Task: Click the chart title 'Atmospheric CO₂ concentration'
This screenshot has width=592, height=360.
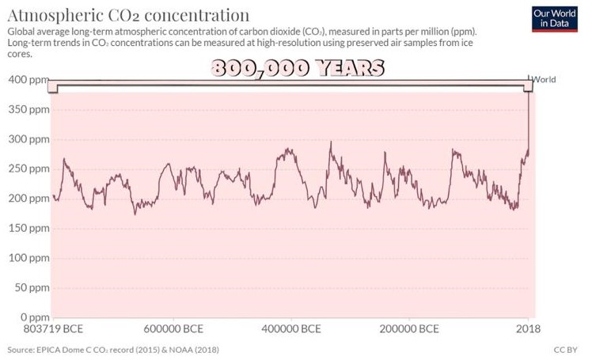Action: point(127,14)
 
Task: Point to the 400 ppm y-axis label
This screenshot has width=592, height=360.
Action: point(28,80)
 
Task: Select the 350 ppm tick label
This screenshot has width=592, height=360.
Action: point(28,109)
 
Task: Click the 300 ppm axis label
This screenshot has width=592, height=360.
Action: point(28,139)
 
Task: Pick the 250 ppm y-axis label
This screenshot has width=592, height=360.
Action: point(28,169)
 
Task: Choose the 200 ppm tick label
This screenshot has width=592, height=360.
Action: point(28,199)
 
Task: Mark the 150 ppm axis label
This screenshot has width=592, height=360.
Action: point(28,228)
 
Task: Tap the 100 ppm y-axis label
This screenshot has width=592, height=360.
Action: point(28,258)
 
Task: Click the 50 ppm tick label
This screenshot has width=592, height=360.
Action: point(30,287)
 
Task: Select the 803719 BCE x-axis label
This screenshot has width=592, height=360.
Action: point(53,328)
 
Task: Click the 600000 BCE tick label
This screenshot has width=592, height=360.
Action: point(173,328)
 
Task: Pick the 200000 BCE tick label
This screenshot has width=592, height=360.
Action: point(409,328)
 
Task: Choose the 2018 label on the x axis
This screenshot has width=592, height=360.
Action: point(528,328)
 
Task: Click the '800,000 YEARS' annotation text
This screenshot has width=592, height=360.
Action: point(297,68)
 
